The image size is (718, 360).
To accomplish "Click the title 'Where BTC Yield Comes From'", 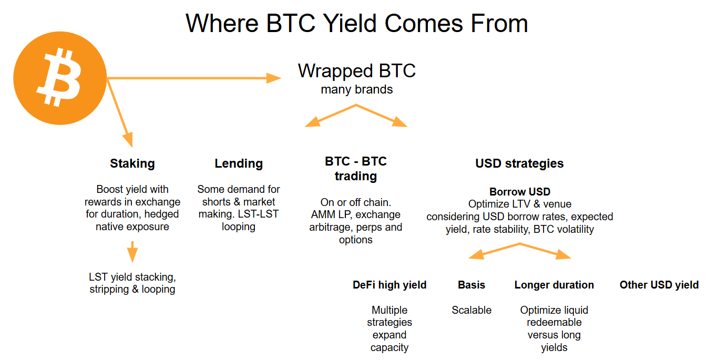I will tap(356, 24).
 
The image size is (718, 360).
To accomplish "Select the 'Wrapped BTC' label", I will tap(356, 71).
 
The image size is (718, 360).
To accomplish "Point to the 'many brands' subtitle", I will tap(356, 89).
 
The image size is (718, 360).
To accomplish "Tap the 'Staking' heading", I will tap(132, 163).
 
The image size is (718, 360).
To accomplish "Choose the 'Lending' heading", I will tap(239, 163).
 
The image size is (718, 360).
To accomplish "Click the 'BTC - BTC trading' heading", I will tap(356, 169).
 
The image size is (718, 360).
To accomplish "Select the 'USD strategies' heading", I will tap(519, 163).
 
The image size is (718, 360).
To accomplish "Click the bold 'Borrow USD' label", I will tap(519, 192).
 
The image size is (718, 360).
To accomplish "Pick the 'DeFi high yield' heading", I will tap(389, 285).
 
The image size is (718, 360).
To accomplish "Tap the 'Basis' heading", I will tap(471, 285).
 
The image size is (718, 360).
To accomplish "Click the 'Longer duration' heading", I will tap(554, 285).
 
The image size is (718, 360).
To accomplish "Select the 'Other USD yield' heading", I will tap(659, 285).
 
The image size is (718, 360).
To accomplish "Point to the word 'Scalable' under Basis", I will tap(471, 310).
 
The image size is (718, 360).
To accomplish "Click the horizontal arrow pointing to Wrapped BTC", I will tap(194, 78).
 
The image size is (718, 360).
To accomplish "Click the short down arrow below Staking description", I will tap(132, 251).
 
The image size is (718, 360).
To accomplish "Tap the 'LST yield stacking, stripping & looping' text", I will tap(132, 283).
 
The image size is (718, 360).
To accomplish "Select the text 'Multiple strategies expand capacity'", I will tap(389, 328).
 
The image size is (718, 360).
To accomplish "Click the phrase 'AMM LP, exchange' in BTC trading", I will tap(356, 214).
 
